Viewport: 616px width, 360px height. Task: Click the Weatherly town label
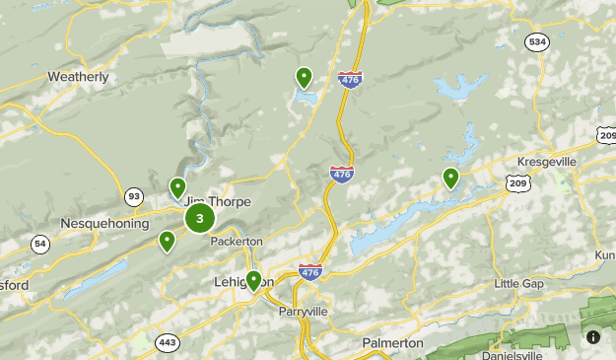click(x=78, y=76)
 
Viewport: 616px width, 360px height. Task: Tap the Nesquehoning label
click(x=104, y=223)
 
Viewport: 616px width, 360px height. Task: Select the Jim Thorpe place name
click(x=217, y=201)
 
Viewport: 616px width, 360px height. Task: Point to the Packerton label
click(x=237, y=241)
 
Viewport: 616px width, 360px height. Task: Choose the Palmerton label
click(x=393, y=342)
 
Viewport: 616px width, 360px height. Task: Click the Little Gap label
click(x=519, y=284)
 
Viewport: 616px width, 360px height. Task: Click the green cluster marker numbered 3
click(x=200, y=218)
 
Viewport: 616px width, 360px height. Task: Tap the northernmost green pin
click(x=305, y=78)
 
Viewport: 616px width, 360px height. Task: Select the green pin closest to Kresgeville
click(x=450, y=179)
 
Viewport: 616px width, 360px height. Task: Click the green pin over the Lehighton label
click(x=253, y=281)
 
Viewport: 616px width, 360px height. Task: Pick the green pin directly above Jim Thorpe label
click(x=177, y=187)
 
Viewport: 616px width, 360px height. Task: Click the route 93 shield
click(x=134, y=195)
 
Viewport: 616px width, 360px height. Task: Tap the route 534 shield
click(x=537, y=41)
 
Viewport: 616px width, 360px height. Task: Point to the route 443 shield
click(x=167, y=342)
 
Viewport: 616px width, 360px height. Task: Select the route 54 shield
click(x=39, y=243)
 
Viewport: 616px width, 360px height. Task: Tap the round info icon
click(x=593, y=336)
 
